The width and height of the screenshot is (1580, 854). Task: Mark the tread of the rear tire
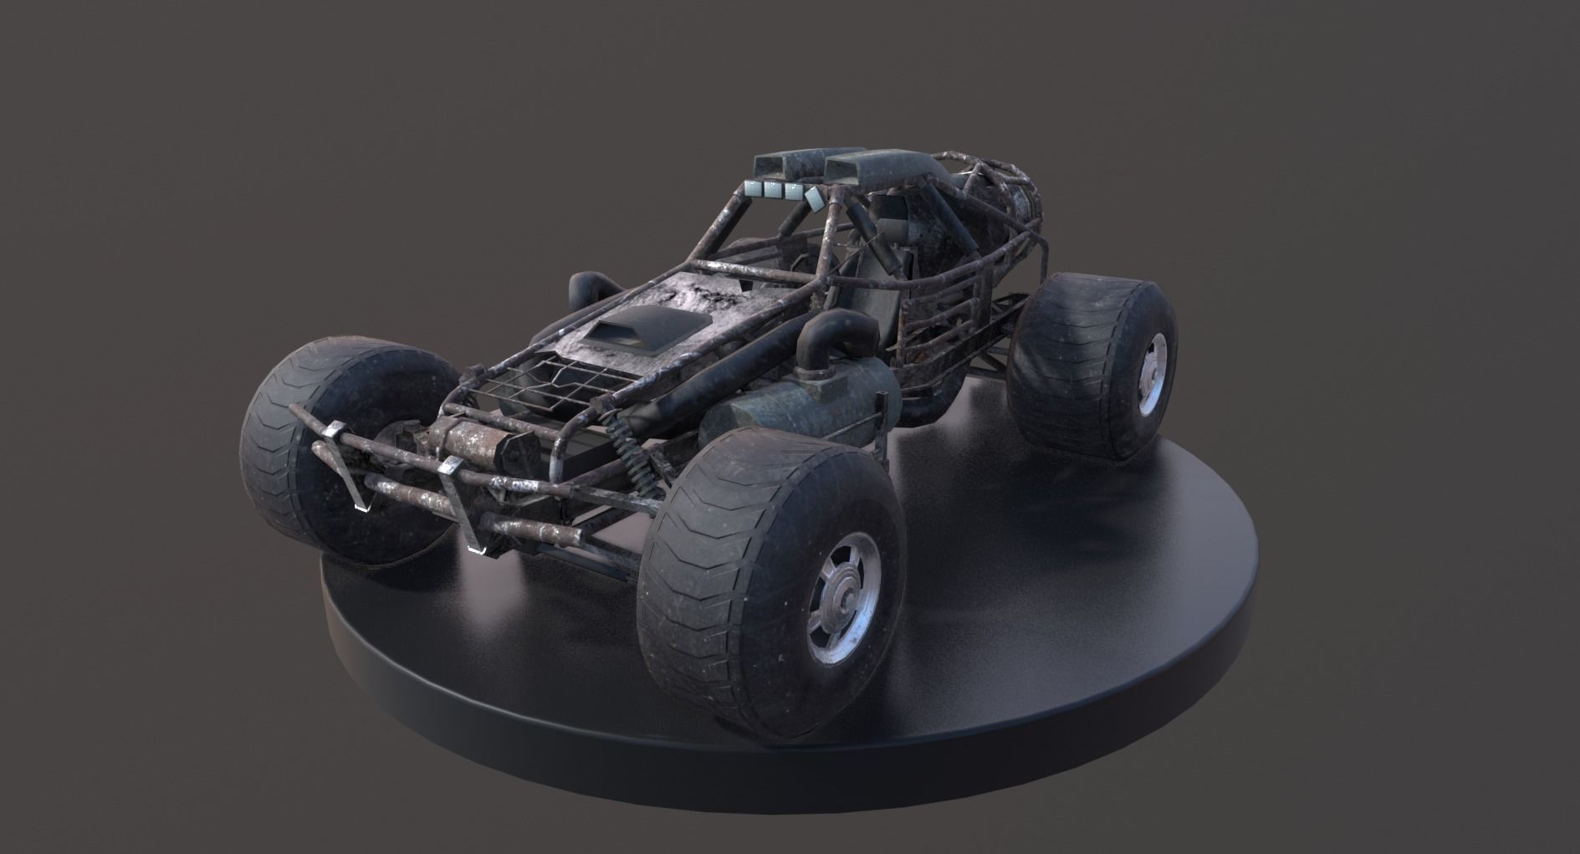[1054, 360]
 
